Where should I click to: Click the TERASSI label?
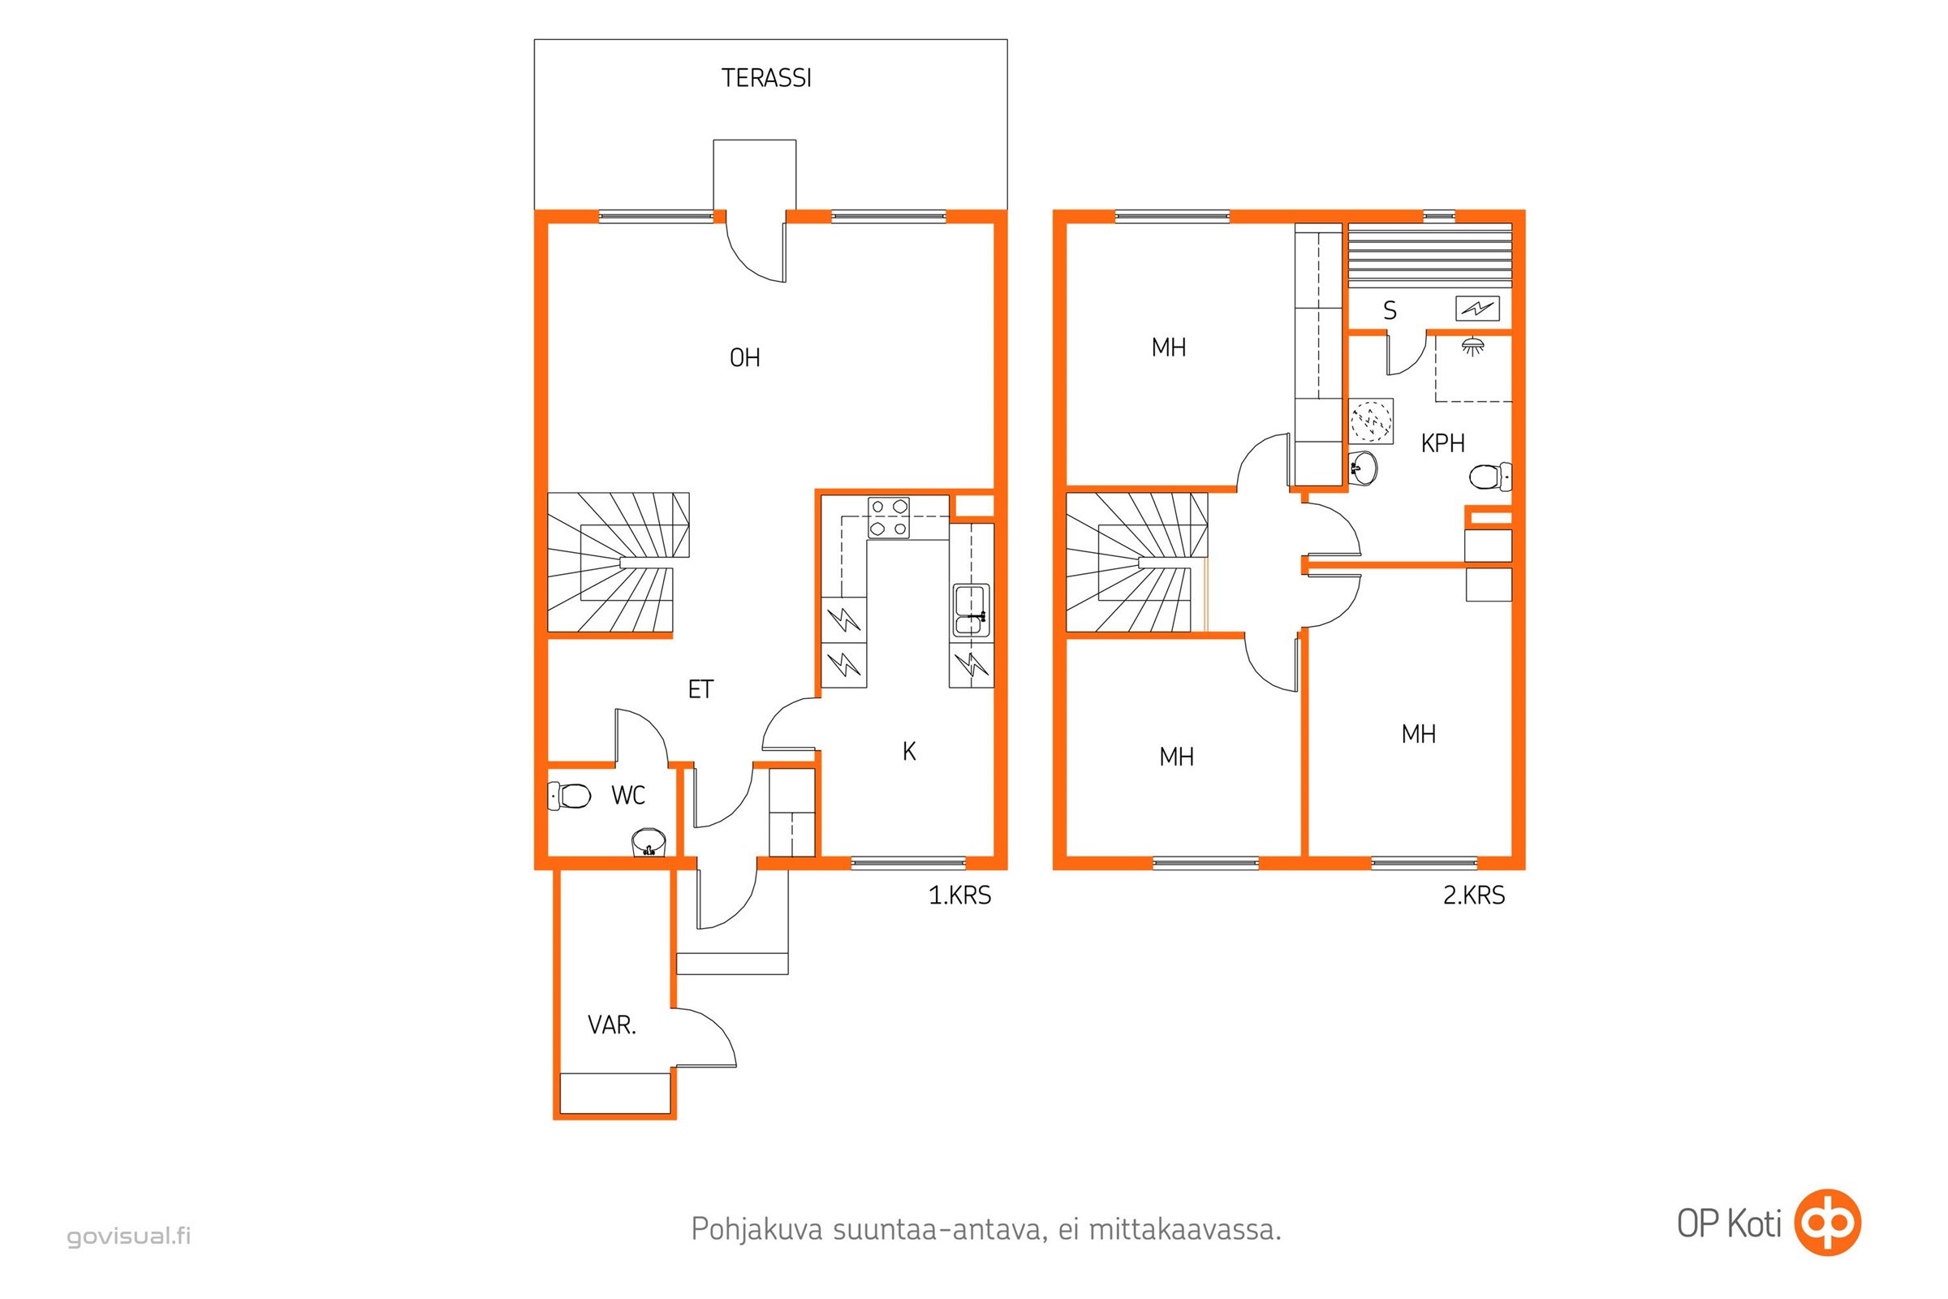pyautogui.click(x=766, y=78)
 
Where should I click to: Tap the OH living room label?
pyautogui.click(x=744, y=358)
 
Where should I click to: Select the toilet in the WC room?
pyautogui.click(x=569, y=796)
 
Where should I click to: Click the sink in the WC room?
pyautogui.click(x=649, y=843)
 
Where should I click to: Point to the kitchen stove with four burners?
pyautogui.click(x=889, y=518)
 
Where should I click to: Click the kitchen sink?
pyautogui.click(x=971, y=611)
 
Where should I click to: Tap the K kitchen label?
pyautogui.click(x=909, y=752)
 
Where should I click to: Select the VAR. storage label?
pyautogui.click(x=612, y=1025)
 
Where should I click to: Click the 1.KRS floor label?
pyautogui.click(x=960, y=895)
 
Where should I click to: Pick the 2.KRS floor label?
pyautogui.click(x=1474, y=895)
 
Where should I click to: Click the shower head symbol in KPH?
pyautogui.click(x=1472, y=346)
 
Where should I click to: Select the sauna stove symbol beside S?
pyautogui.click(x=1477, y=309)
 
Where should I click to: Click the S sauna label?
pyautogui.click(x=1390, y=311)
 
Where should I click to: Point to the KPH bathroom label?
pyautogui.click(x=1443, y=444)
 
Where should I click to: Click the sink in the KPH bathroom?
pyautogui.click(x=1363, y=469)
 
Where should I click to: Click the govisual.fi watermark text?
pyautogui.click(x=129, y=1236)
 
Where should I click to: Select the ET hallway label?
pyautogui.click(x=700, y=689)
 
